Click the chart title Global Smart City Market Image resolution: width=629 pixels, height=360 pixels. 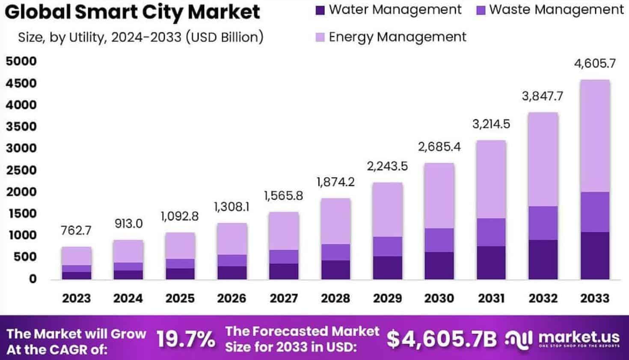(x=132, y=12)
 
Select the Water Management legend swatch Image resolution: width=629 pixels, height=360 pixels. (x=320, y=10)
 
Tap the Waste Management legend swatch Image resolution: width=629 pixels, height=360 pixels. (x=481, y=10)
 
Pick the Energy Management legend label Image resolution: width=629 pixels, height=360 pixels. (x=397, y=37)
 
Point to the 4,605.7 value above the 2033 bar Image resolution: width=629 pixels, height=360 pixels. (x=595, y=64)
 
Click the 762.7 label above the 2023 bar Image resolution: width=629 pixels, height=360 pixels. (x=76, y=230)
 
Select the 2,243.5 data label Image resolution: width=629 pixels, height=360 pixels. (x=387, y=166)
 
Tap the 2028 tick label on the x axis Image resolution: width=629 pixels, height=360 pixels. (x=335, y=298)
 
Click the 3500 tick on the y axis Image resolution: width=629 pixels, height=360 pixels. (x=21, y=127)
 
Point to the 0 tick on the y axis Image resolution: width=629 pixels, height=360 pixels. (x=33, y=279)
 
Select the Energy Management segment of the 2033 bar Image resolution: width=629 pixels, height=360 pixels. (x=595, y=136)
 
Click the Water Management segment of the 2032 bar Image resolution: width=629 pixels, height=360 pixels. (x=543, y=260)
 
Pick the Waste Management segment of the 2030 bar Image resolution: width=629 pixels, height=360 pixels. (x=439, y=240)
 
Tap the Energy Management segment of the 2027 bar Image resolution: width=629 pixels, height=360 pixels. (x=284, y=231)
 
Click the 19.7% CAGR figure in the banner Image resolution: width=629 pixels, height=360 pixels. (x=186, y=339)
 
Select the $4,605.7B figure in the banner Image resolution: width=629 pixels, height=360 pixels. (x=442, y=339)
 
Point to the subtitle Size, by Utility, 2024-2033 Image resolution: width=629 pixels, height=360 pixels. (x=140, y=37)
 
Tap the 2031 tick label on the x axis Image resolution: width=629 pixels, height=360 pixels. (x=491, y=298)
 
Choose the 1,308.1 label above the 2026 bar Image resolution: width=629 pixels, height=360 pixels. (x=231, y=207)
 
